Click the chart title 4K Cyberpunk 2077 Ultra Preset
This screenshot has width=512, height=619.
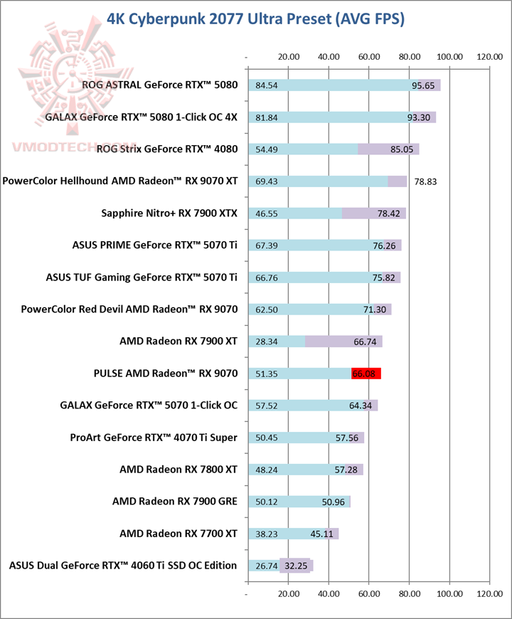(x=255, y=18)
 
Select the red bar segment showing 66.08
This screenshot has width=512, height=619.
(x=366, y=374)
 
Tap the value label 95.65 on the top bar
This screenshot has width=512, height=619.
(x=425, y=85)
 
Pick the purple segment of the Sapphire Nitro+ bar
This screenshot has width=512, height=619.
(x=373, y=213)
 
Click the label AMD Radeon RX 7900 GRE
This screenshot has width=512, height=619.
(x=175, y=502)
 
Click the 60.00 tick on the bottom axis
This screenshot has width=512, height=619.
(x=369, y=593)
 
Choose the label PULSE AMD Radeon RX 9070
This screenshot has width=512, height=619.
(x=166, y=374)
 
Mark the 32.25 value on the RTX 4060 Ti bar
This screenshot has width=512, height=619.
(x=296, y=566)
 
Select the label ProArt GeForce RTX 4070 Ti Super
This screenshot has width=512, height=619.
(x=154, y=438)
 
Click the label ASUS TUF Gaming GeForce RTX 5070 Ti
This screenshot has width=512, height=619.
(x=142, y=277)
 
